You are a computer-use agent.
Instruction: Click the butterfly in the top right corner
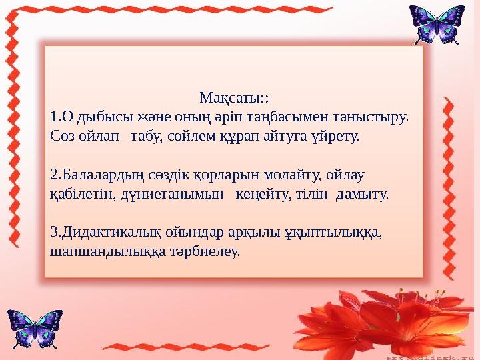[437, 25]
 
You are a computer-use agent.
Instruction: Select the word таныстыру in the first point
[374, 117]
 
